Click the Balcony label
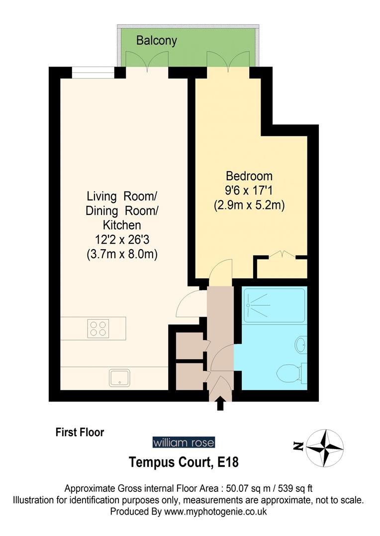click(x=157, y=40)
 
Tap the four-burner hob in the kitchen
click(x=98, y=328)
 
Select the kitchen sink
click(x=120, y=378)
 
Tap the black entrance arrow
click(x=220, y=404)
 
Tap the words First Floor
click(x=80, y=432)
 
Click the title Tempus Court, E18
click(x=184, y=463)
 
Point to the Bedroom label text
click(x=249, y=176)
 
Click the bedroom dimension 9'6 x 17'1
click(x=249, y=191)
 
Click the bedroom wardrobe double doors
click(x=282, y=256)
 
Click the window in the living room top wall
click(x=93, y=73)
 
